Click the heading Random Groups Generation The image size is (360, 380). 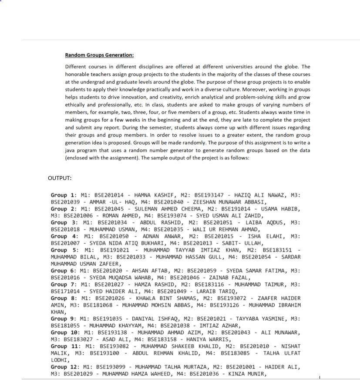point(99,55)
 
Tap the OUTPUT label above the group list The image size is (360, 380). point(60,178)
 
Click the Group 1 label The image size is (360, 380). point(64,195)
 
